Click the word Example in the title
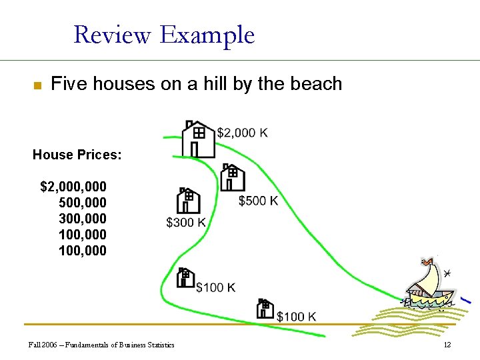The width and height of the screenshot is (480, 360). [207, 35]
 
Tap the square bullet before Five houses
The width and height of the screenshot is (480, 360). [37, 85]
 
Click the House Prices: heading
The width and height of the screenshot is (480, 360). [77, 155]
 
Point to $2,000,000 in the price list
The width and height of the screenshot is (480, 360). [73, 186]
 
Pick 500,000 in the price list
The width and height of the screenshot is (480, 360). [83, 202]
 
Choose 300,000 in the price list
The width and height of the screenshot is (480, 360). [83, 219]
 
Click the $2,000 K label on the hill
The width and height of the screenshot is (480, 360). [243, 133]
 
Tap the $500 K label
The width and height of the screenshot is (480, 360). [258, 201]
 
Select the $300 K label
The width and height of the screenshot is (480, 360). [186, 222]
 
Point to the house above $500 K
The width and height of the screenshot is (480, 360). [233, 177]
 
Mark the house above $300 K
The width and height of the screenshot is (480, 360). [188, 201]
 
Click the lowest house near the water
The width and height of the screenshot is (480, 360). [265, 309]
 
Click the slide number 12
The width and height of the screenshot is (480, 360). [447, 345]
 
